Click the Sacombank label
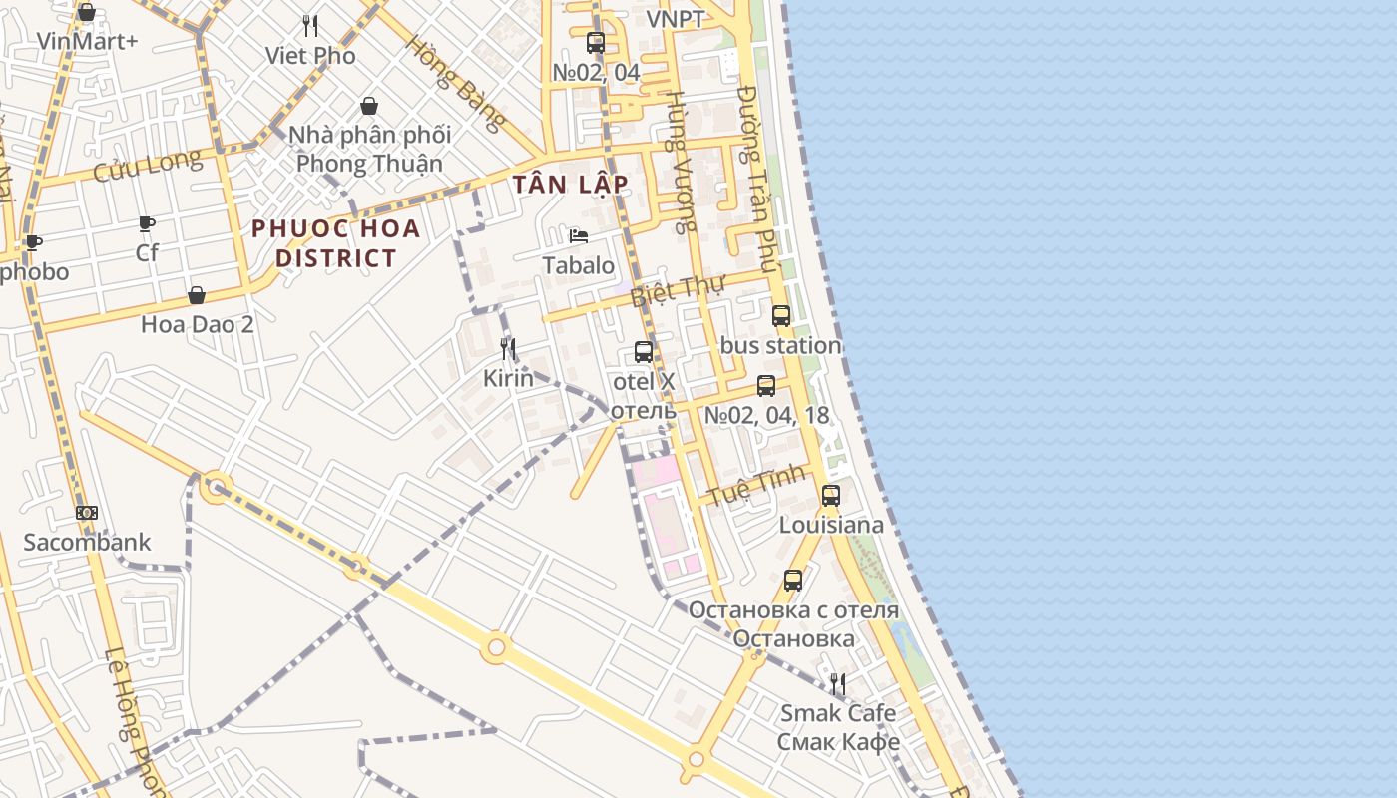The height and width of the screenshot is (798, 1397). point(88,543)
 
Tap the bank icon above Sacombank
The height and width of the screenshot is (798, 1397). point(87,513)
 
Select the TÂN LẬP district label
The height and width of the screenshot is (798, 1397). point(571,185)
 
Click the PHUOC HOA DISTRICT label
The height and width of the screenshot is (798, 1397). point(335,243)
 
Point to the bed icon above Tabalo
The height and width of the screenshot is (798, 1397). point(579,236)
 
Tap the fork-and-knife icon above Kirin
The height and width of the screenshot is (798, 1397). point(509,349)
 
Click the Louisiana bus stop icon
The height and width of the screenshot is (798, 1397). point(831,495)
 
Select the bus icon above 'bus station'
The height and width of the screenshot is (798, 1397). point(781,316)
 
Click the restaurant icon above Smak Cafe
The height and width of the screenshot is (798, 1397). point(838,684)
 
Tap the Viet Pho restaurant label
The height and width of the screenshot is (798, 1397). point(310,56)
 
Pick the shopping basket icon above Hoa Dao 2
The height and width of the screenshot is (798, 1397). point(197,295)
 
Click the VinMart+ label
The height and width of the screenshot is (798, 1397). point(87,41)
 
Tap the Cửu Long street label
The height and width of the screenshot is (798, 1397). point(147,166)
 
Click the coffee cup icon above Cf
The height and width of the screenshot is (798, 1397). point(147,223)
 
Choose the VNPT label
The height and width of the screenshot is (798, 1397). point(676,19)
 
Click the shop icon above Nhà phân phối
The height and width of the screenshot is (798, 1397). point(369,106)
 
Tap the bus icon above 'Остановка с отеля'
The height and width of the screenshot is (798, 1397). point(793,580)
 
